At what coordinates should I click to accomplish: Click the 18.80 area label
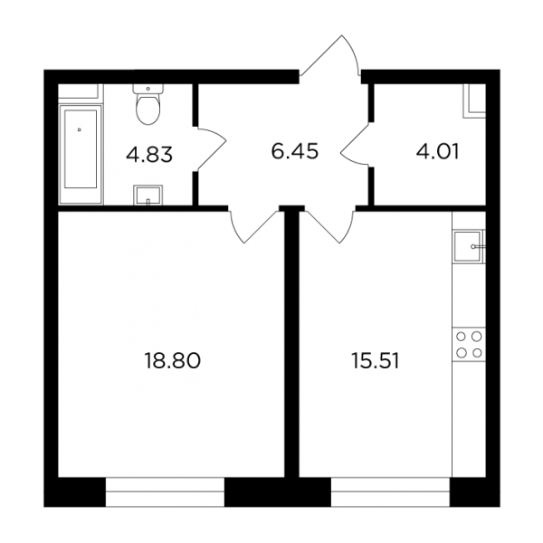[172, 360]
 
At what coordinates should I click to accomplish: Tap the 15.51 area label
[375, 360]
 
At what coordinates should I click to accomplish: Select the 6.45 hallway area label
[294, 152]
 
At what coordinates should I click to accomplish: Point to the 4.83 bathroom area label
[149, 154]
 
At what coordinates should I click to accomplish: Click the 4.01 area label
[437, 152]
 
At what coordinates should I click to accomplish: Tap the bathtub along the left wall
[81, 154]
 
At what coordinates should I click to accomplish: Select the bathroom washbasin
[148, 195]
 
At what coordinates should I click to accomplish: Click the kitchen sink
[469, 246]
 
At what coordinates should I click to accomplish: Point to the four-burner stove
[469, 345]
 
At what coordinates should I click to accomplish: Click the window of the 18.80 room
[165, 491]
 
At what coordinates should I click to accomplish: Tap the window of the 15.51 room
[390, 491]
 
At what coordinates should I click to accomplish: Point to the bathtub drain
[80, 129]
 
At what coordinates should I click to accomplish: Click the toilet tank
[148, 89]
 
